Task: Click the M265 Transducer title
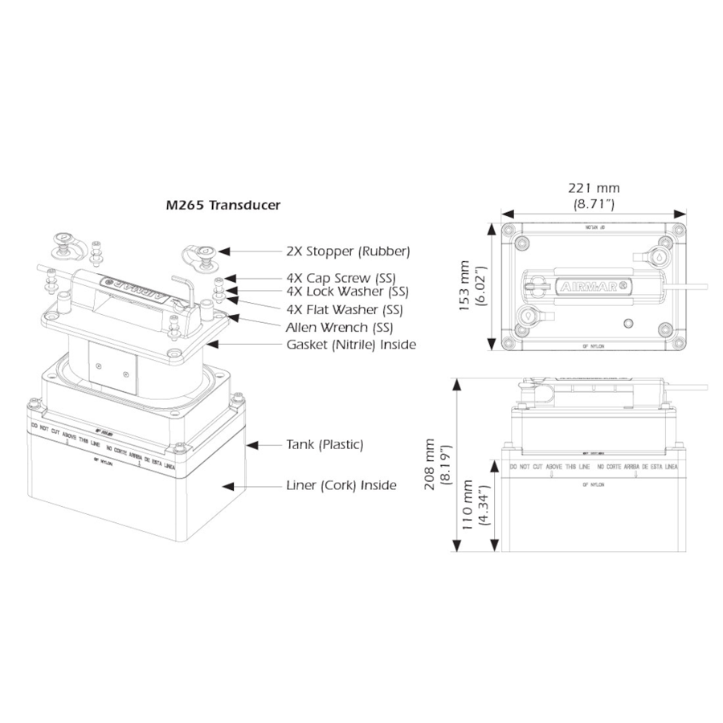pos(223,206)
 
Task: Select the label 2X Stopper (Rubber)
pos(349,251)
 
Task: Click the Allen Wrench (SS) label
pos(339,328)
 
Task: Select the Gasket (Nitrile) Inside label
pos(351,345)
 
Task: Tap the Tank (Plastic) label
pos(325,444)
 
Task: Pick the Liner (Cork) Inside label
pos(341,486)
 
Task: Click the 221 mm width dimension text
pos(594,189)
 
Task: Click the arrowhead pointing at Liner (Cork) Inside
pos(231,486)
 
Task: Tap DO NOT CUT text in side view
pos(526,467)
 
